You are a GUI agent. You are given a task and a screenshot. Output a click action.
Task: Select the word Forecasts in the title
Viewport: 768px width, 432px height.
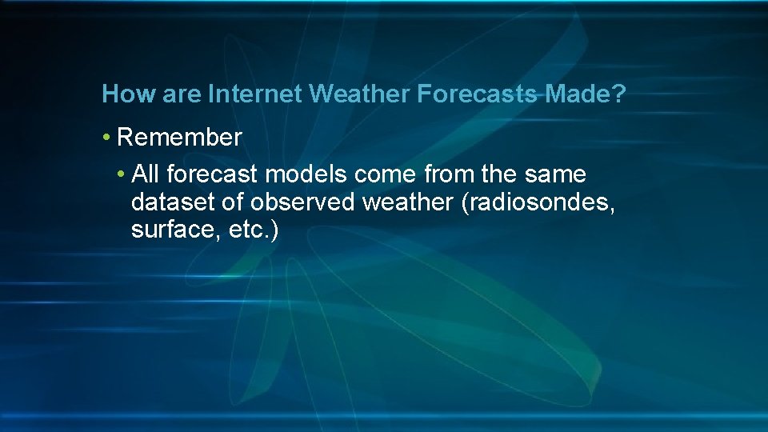(x=477, y=94)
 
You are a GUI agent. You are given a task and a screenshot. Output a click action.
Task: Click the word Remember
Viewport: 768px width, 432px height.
(x=179, y=138)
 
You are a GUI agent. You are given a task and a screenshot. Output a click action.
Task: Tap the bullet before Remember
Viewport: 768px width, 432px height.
(x=107, y=138)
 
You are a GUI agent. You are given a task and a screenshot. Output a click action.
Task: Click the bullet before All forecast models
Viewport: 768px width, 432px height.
(x=121, y=174)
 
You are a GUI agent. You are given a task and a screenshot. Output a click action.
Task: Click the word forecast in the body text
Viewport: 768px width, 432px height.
(x=214, y=174)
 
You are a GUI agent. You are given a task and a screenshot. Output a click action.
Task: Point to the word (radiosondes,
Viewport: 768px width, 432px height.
(x=538, y=202)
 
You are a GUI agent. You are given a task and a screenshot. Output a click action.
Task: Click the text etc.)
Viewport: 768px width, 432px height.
(x=252, y=231)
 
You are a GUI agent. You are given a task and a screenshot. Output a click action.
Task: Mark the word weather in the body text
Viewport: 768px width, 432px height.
(x=408, y=202)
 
